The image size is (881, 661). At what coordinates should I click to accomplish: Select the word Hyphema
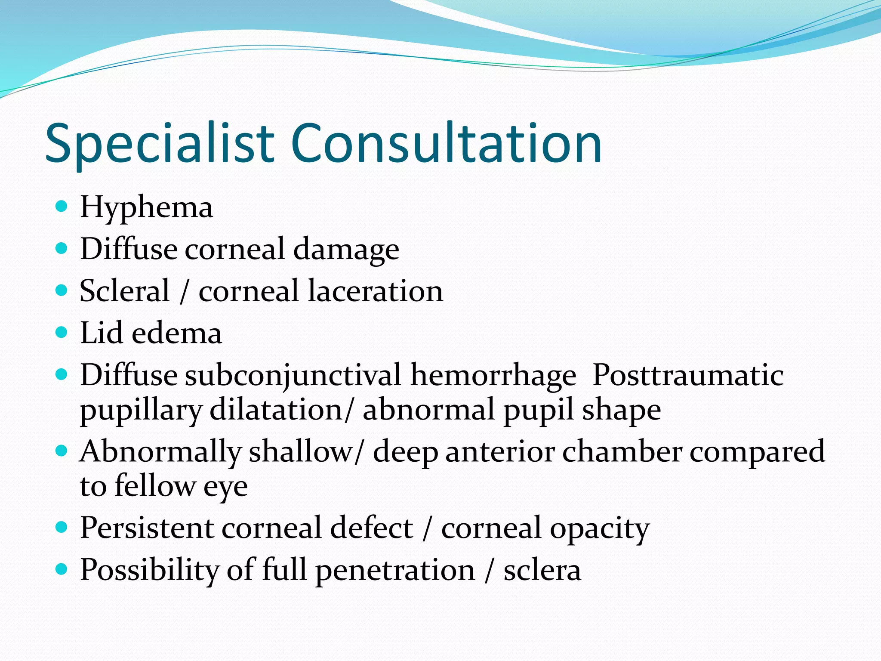click(146, 208)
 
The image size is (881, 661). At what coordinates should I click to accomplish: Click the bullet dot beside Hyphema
click(62, 206)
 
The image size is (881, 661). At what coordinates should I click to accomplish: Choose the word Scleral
click(125, 291)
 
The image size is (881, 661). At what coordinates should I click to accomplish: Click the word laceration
click(376, 291)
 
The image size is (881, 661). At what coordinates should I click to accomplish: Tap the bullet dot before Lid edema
click(62, 332)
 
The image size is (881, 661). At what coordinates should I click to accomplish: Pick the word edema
click(177, 334)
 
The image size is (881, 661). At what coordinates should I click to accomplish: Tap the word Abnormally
click(160, 452)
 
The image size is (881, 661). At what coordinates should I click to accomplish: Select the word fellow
click(155, 486)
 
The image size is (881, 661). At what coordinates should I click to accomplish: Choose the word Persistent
click(147, 528)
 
